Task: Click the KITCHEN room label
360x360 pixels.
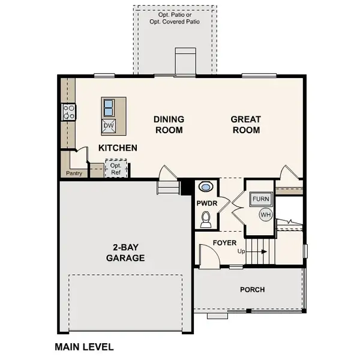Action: (x=118, y=148)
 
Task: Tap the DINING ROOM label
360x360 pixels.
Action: (x=169, y=125)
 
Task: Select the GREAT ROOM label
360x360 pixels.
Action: (x=245, y=125)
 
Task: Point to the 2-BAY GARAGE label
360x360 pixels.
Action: (x=125, y=253)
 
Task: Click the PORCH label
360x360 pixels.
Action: (x=252, y=290)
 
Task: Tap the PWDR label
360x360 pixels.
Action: (x=206, y=203)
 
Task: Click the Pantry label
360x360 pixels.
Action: (x=74, y=173)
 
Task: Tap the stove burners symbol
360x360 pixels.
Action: (x=68, y=111)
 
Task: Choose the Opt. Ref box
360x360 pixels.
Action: (x=116, y=169)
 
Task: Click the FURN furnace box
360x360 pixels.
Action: (x=261, y=199)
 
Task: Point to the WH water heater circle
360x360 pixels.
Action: (x=265, y=214)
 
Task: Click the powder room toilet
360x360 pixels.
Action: (x=206, y=220)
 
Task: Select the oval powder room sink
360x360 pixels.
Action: (x=206, y=187)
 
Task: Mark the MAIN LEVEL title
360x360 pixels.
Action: (x=84, y=347)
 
